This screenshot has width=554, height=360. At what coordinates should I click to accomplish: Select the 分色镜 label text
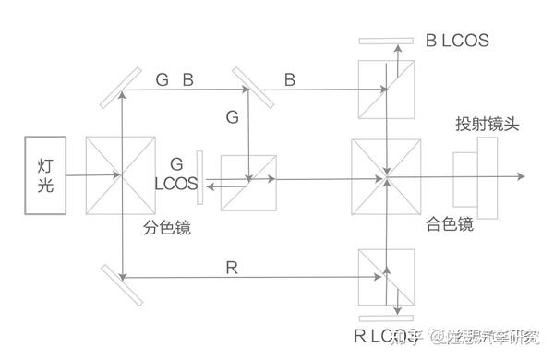point(167,227)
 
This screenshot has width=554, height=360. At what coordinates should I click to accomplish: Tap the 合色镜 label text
point(450,223)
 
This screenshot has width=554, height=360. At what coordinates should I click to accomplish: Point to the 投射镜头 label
point(487,125)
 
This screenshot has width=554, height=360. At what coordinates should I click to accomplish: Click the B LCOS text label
point(457,42)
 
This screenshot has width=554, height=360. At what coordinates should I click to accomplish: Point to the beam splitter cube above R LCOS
point(384,274)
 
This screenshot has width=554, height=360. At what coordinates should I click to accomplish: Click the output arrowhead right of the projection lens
point(521,173)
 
